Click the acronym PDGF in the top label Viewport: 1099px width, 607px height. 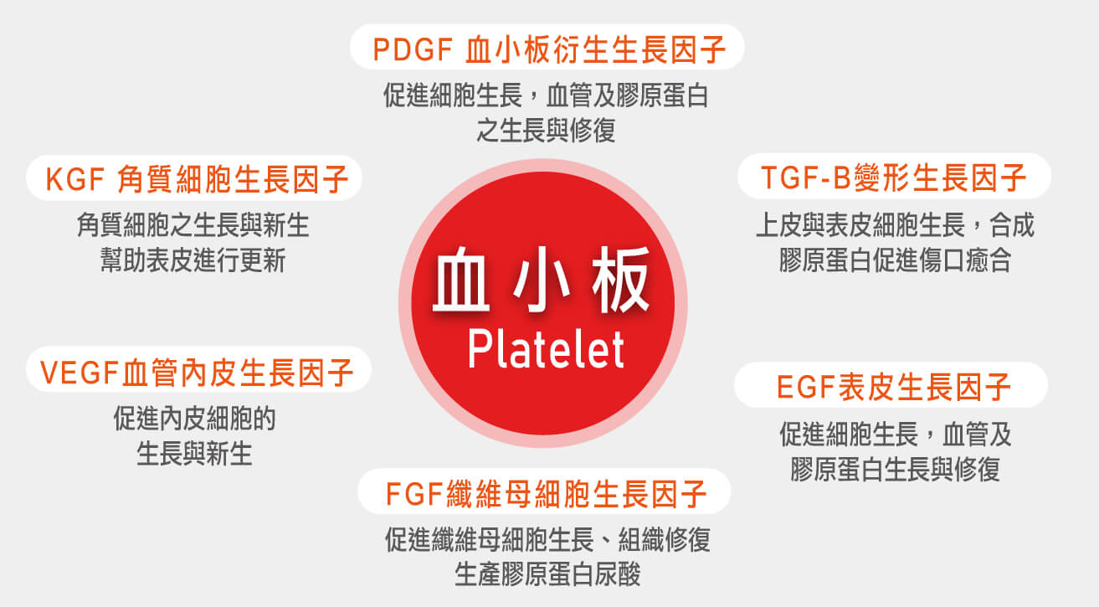pyautogui.click(x=413, y=49)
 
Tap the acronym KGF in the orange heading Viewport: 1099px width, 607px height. pyautogui.click(x=75, y=179)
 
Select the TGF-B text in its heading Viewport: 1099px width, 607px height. pyautogui.click(x=806, y=177)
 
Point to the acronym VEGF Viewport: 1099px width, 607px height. pyautogui.click(x=80, y=373)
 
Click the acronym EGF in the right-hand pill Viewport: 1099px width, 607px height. pyautogui.click(x=806, y=387)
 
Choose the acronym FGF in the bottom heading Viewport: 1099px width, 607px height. pyautogui.click(x=414, y=494)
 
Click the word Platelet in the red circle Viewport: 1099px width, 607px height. pyautogui.click(x=546, y=349)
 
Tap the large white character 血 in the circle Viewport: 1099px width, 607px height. pyautogui.click(x=461, y=280)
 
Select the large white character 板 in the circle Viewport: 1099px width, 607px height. pyautogui.click(x=620, y=280)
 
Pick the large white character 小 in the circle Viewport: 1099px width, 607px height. pyautogui.click(x=542, y=280)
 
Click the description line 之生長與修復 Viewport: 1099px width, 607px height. pyautogui.click(x=546, y=131)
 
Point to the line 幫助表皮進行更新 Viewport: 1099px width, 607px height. pyautogui.click(x=193, y=260)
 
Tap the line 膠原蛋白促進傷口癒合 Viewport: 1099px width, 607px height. pyautogui.click(x=895, y=260)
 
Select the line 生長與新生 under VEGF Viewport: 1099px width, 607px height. pyautogui.click(x=194, y=454)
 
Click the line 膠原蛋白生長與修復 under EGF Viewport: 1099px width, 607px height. pyautogui.click(x=895, y=470)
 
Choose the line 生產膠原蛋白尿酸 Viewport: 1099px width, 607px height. pyautogui.click(x=547, y=574)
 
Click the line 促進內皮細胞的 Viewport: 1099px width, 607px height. pyautogui.click(x=194, y=419)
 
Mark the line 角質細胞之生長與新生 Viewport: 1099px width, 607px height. pyautogui.click(x=193, y=225)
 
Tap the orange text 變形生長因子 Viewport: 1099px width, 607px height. pyautogui.click(x=939, y=177)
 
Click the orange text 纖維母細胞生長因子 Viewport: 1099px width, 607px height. pyautogui.click(x=577, y=494)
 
